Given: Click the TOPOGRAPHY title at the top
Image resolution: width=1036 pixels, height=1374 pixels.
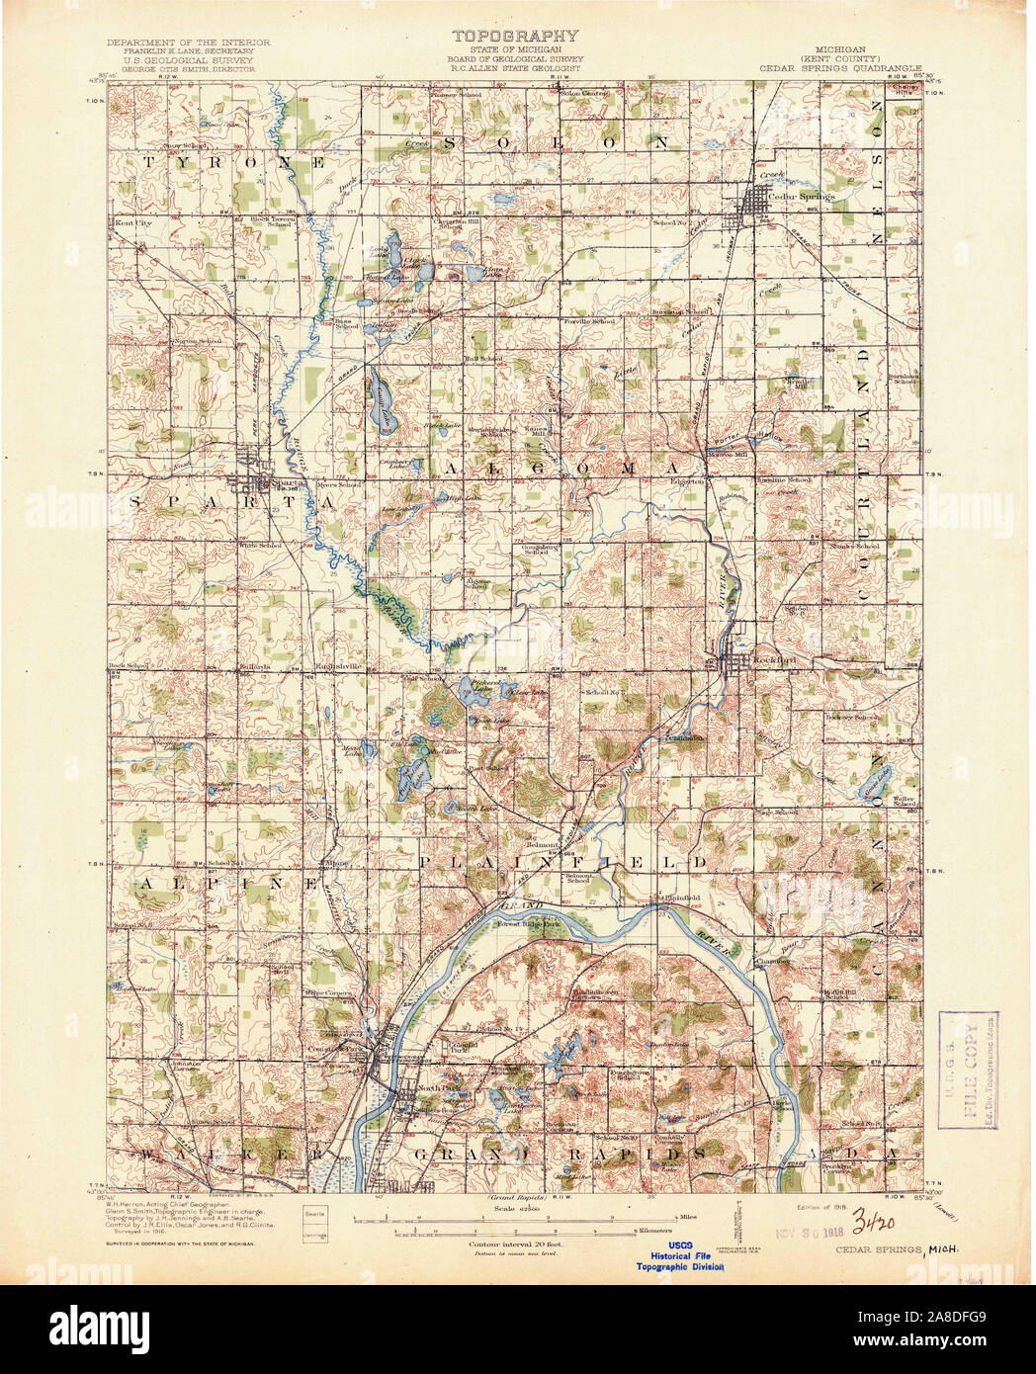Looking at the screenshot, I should point(515,36).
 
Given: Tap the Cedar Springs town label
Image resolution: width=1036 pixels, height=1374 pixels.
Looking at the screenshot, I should point(808,196).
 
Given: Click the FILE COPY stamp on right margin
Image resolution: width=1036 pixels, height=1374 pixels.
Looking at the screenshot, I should point(968,1072).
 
